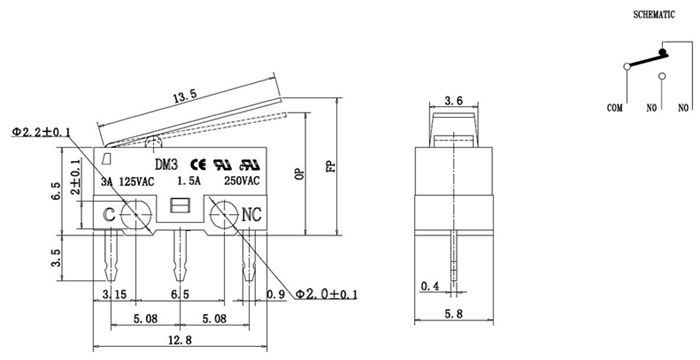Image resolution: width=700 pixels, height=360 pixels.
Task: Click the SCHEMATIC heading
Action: [x=654, y=14]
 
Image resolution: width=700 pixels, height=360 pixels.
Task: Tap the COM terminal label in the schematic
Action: [x=615, y=108]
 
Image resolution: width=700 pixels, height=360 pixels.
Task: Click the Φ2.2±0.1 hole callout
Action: [x=41, y=132]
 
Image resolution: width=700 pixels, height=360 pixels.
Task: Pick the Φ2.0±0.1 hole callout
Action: [x=327, y=294]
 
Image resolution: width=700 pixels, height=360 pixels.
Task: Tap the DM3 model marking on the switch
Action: [x=166, y=165]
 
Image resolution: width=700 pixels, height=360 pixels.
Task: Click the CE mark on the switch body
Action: [x=198, y=165]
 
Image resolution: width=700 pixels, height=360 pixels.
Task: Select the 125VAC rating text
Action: [x=137, y=182]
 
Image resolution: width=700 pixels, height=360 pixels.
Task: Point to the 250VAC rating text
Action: [x=242, y=181]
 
